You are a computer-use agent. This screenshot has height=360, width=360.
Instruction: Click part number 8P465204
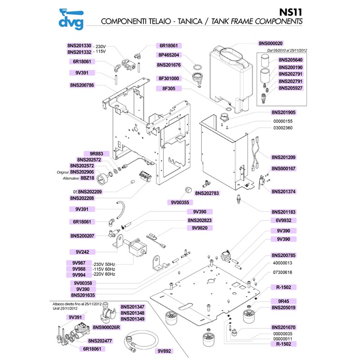click(x=168, y=55)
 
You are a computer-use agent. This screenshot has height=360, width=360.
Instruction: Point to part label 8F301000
click(x=168, y=78)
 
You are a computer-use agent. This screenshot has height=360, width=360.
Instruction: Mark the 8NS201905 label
click(x=286, y=112)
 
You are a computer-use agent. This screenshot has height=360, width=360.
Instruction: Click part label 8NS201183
click(x=286, y=211)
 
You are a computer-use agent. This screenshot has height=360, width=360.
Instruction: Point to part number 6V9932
click(x=286, y=220)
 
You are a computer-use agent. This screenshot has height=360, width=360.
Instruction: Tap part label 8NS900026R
click(x=106, y=328)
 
